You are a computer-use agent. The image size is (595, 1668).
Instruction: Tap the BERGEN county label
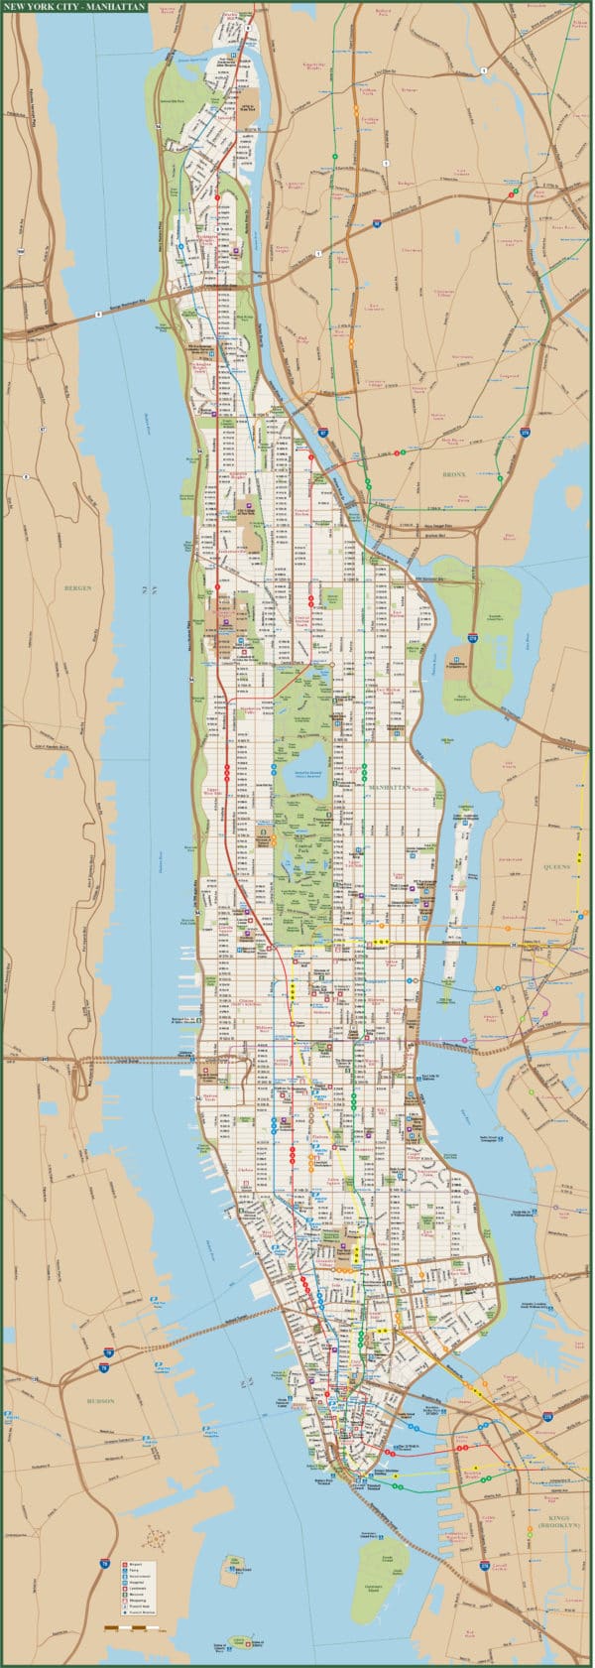click(x=77, y=587)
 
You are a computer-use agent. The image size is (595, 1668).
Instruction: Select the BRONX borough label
click(x=455, y=475)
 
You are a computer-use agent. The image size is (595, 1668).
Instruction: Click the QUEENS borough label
click(x=556, y=866)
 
